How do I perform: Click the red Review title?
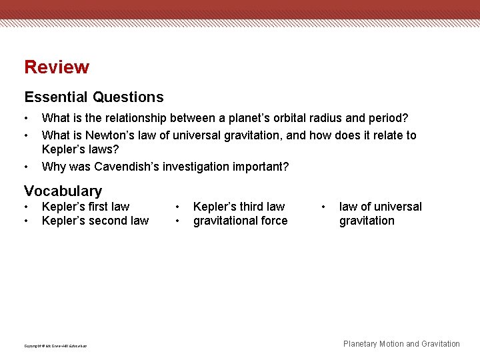point(57,67)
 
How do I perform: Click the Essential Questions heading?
point(93,97)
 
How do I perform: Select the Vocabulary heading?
point(63,191)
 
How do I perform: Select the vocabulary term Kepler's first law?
point(85,207)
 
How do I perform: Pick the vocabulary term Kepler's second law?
point(95,221)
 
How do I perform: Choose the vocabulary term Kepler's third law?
point(239,207)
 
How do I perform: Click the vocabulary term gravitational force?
point(240,221)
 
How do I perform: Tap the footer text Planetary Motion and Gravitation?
point(401,344)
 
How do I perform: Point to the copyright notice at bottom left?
point(55,345)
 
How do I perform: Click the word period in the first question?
point(386,118)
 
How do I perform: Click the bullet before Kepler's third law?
point(177,207)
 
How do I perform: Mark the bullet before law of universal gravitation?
point(324,207)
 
